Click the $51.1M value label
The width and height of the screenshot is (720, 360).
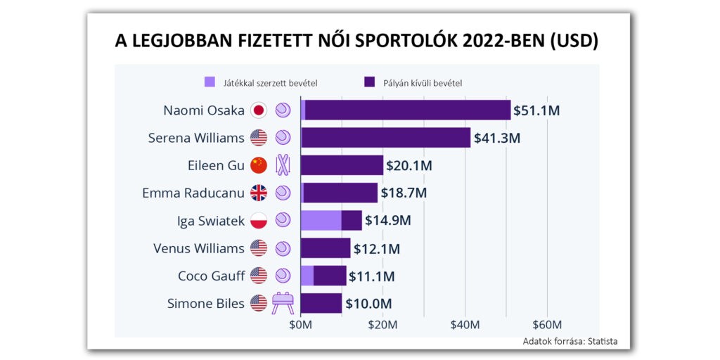pyautogui.click(x=536, y=110)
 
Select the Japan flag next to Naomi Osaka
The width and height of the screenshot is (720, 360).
pyautogui.click(x=259, y=110)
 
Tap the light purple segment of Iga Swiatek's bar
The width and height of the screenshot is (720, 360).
pyautogui.click(x=321, y=221)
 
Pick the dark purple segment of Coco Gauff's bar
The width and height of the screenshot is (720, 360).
pyautogui.click(x=330, y=276)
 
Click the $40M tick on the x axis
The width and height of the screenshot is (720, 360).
pyautogui.click(x=465, y=325)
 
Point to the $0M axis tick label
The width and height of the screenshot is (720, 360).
pyautogui.click(x=300, y=325)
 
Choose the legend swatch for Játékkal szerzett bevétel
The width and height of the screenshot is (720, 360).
pyautogui.click(x=210, y=82)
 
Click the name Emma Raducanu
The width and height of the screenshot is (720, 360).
pyautogui.click(x=193, y=193)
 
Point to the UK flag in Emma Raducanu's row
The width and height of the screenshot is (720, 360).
pyautogui.click(x=259, y=193)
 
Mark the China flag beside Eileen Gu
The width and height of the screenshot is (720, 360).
pyautogui.click(x=259, y=165)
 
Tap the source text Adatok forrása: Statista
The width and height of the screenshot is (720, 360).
pyautogui.click(x=570, y=342)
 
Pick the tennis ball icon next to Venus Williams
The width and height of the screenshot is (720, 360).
pyautogui.click(x=282, y=248)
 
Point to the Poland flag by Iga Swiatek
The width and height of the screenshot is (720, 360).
pyautogui.click(x=259, y=221)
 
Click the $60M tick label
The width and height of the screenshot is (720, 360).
pyautogui.click(x=547, y=325)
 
